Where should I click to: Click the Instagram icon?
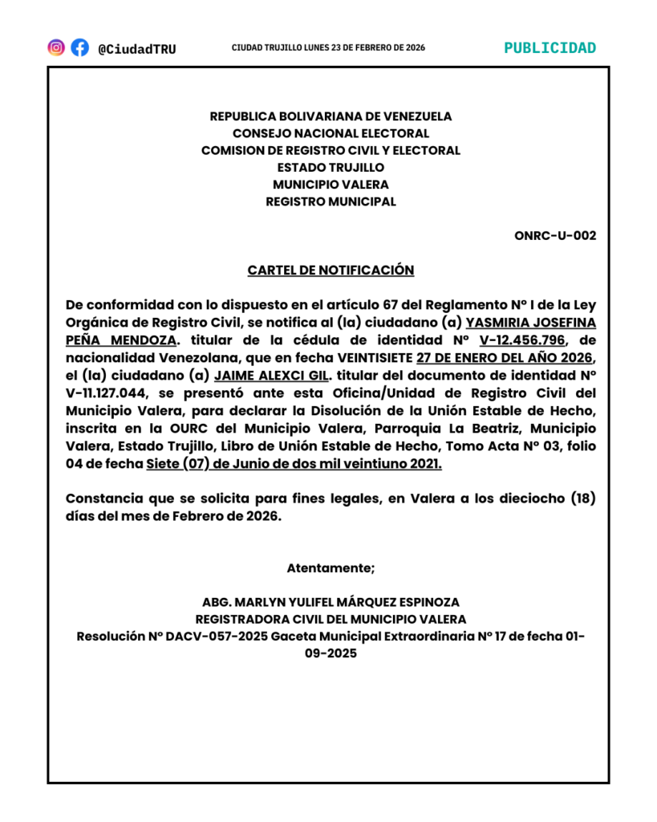56,47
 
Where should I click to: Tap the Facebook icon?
79,47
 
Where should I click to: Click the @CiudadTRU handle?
136,49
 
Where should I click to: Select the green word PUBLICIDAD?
550,47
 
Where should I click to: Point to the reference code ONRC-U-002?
555,235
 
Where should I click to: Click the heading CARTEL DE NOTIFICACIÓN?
331,271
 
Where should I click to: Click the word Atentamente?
331,568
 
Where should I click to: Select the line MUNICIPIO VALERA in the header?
331,185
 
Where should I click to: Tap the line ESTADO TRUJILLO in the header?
331,168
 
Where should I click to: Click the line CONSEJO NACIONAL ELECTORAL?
331,133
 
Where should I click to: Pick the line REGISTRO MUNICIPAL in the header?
331,202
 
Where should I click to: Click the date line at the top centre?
328,48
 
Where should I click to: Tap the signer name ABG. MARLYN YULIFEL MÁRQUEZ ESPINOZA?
331,602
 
